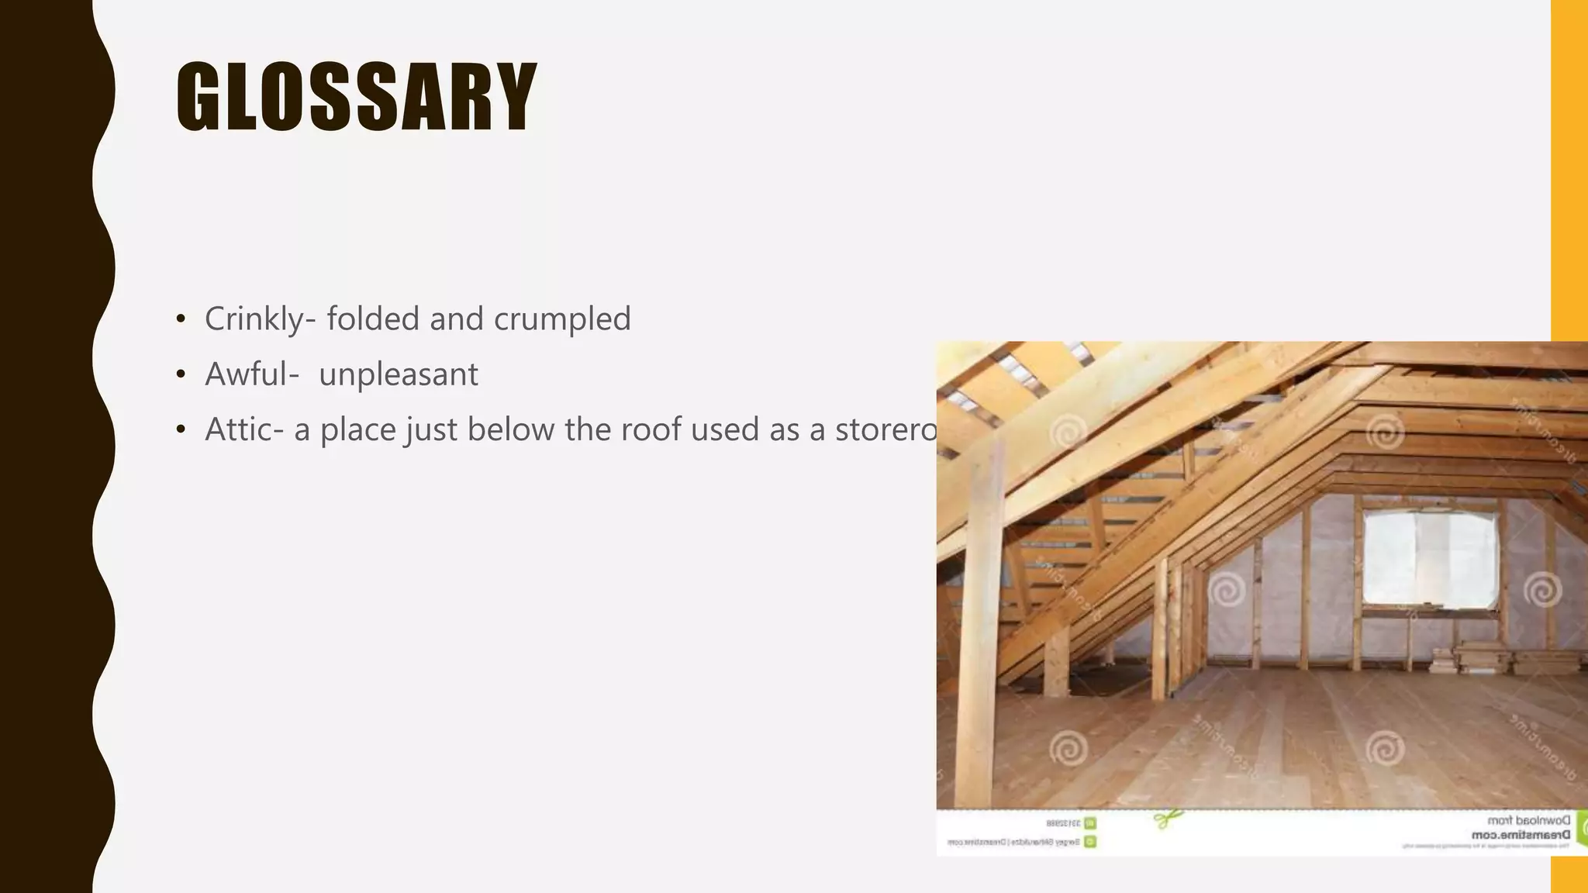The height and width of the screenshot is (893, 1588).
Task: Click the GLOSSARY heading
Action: coord(357,98)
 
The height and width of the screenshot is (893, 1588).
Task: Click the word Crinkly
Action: coord(254,319)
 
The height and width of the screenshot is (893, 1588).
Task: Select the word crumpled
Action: coord(562,319)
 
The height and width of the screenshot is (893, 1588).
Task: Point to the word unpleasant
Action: coord(399,375)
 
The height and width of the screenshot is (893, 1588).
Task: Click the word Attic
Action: coord(239,429)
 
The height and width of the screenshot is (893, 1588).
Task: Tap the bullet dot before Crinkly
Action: coord(181,319)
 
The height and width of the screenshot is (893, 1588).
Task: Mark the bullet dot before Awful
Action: coord(181,375)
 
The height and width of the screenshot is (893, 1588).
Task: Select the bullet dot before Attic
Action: coord(181,430)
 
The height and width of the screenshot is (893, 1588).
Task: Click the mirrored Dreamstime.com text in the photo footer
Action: coord(1520,835)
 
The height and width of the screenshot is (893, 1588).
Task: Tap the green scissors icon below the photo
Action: coord(1166,818)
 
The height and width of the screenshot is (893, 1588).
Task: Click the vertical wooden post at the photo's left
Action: coord(978,620)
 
